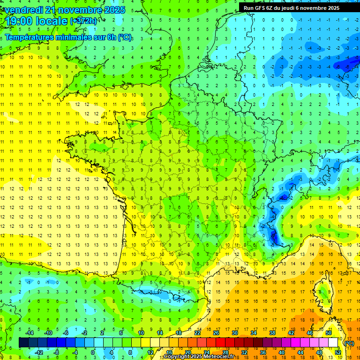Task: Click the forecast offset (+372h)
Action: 84,21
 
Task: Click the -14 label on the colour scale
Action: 29,333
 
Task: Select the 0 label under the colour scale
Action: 93,352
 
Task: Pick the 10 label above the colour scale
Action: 141,333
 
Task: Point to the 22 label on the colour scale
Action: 197,333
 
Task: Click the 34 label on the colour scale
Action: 254,333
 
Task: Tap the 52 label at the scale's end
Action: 337,352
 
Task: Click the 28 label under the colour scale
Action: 225,352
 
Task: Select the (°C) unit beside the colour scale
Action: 349,343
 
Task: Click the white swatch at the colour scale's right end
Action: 333,343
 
